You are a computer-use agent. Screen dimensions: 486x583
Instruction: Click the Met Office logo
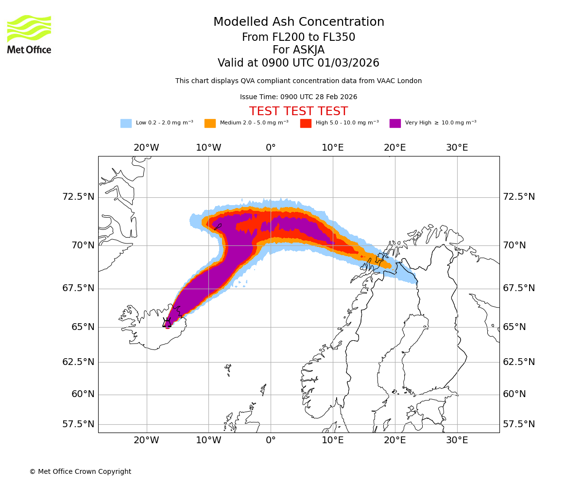[29, 34]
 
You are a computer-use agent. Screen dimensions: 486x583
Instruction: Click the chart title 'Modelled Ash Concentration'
[299, 22]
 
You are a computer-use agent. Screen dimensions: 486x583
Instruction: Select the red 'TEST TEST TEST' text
[298, 111]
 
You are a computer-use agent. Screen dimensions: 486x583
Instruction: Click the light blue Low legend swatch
[126, 123]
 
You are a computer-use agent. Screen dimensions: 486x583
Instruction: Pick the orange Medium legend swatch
[210, 123]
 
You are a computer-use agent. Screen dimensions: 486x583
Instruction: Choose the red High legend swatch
[306, 123]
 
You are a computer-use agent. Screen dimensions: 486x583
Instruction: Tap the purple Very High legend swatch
[395, 123]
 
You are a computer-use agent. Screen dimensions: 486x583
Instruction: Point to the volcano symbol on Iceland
[167, 323]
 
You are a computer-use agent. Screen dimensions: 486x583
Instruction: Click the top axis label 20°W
[146, 148]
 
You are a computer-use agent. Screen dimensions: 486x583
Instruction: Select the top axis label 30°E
[457, 148]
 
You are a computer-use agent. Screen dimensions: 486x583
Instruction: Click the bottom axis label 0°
[271, 440]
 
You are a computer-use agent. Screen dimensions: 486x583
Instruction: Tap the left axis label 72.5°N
[78, 197]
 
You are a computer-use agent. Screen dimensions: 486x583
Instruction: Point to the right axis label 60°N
[514, 394]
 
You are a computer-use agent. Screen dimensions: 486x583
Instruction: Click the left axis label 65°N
[83, 327]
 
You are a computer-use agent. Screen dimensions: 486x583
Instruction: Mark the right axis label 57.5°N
[519, 424]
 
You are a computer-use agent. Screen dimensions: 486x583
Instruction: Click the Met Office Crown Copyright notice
[80, 471]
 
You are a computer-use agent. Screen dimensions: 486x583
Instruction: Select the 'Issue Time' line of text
[298, 97]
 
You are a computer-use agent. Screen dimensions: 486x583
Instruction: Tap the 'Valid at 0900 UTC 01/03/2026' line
[298, 63]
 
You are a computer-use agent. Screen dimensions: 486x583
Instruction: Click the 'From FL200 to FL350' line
[298, 37]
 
